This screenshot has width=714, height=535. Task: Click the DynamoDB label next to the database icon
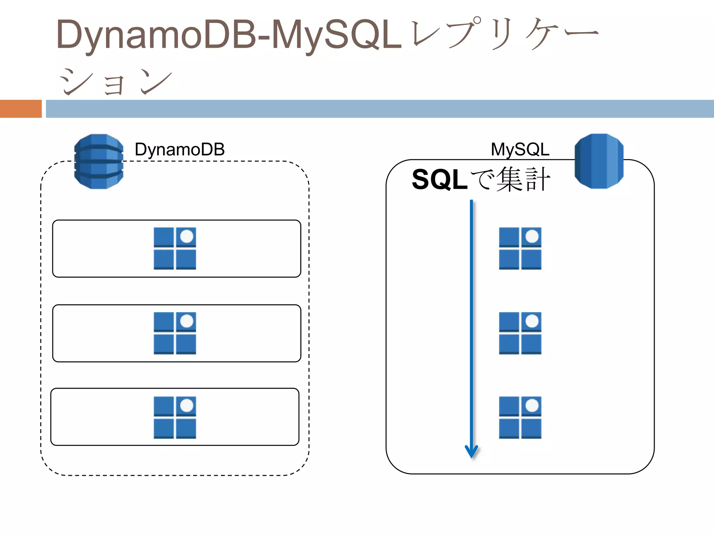point(180,149)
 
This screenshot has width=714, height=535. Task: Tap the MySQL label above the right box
point(520,149)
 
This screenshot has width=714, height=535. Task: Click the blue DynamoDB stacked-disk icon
point(99,162)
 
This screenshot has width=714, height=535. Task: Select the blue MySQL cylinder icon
point(599,161)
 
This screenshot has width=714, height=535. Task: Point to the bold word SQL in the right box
point(439,180)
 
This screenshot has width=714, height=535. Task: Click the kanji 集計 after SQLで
point(523,180)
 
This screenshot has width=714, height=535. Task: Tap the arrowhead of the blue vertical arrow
point(471,452)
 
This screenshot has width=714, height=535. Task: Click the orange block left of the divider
point(21,109)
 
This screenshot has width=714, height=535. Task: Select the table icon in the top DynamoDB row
point(175,248)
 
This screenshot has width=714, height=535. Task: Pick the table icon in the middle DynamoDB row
point(175,333)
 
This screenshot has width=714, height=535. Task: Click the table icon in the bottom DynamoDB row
point(175,417)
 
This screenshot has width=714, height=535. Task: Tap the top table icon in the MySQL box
point(520,248)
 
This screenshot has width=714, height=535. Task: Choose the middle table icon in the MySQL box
point(520,333)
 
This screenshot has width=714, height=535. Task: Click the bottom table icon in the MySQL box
point(520,417)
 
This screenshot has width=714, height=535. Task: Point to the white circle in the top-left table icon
point(187,236)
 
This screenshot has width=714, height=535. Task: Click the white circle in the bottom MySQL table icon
point(532,405)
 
